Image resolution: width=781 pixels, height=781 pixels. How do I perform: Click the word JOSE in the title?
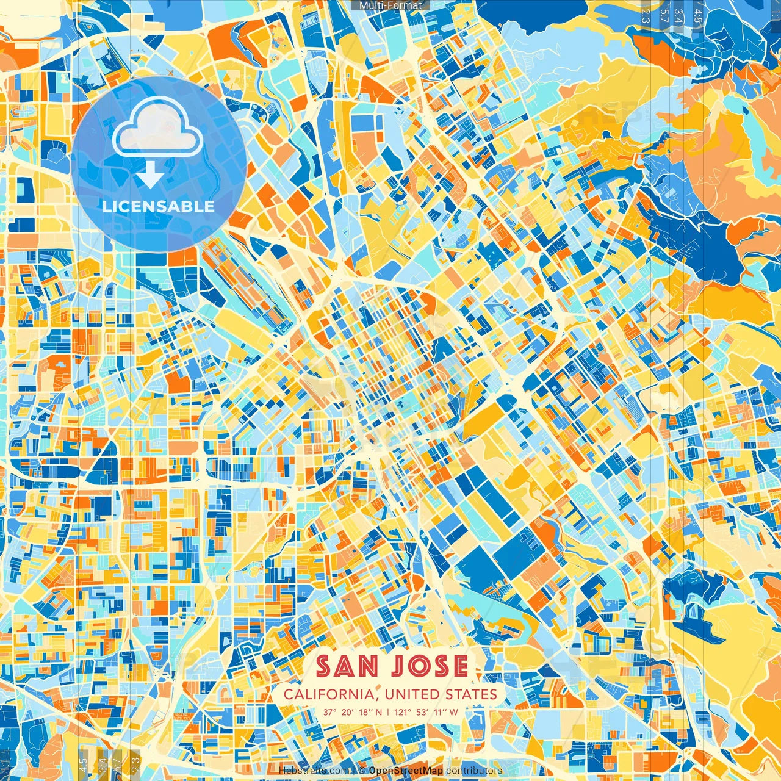[430, 666]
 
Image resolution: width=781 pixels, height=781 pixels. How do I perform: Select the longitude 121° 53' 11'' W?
[426, 712]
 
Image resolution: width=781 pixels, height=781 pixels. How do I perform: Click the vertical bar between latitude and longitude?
[389, 712]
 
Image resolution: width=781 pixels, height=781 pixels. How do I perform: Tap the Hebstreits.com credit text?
[314, 771]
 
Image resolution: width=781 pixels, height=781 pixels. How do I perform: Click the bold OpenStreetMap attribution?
[405, 771]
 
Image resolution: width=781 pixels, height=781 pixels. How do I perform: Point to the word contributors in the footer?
[474, 771]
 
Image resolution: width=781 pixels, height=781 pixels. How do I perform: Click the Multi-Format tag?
[390, 5]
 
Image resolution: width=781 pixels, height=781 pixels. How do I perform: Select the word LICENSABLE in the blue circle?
[159, 206]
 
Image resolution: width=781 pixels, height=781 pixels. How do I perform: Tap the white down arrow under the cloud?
[150, 177]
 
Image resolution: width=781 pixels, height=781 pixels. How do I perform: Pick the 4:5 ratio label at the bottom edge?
[84, 764]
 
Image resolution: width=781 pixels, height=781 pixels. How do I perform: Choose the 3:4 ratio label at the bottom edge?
[103, 764]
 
